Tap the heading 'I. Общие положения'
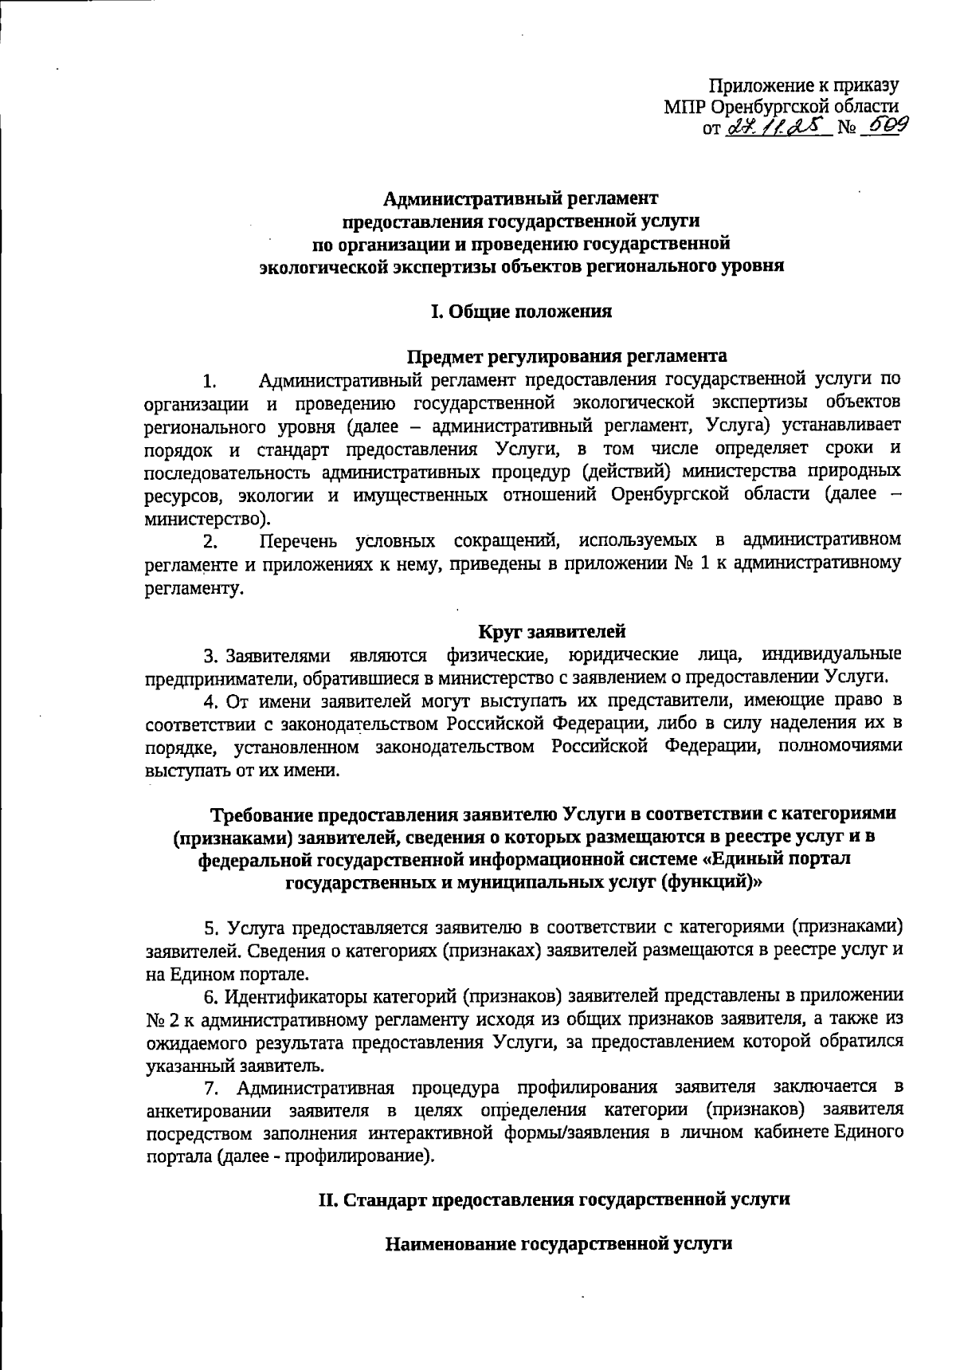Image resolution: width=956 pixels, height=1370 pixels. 521,312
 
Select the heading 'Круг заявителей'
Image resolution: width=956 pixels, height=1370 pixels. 551,632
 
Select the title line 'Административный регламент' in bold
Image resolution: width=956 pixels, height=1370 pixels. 522,197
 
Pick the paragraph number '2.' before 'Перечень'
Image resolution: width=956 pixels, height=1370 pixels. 210,542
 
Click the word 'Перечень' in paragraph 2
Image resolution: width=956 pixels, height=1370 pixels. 300,541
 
